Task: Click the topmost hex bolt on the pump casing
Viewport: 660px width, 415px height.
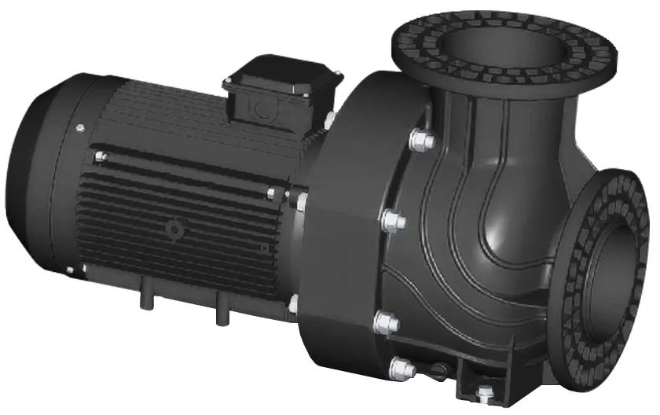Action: pyautogui.click(x=423, y=141)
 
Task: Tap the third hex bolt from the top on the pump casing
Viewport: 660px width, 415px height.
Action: pyautogui.click(x=387, y=321)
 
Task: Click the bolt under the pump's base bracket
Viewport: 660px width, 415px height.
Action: pyautogui.click(x=482, y=397)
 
